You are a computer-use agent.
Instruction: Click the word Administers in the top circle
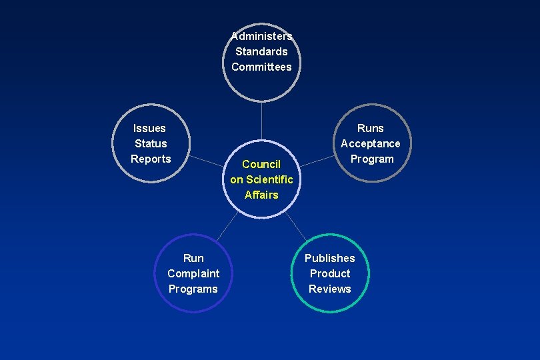[261, 36]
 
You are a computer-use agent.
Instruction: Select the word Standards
[261, 51]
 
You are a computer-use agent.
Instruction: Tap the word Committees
[261, 67]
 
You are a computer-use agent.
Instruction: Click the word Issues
[149, 128]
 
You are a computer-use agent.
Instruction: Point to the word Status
[151, 143]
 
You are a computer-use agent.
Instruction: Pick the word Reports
[151, 159]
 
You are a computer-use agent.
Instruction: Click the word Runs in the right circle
[371, 128]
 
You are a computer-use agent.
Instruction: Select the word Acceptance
[371, 143]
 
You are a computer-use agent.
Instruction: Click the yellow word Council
[261, 164]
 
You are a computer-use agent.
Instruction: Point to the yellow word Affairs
[261, 195]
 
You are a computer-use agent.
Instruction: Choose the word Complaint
[193, 273]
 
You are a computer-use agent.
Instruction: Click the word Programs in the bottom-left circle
[193, 289]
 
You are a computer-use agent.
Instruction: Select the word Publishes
[330, 258]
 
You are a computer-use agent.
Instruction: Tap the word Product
[330, 273]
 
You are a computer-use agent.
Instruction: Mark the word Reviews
[330, 289]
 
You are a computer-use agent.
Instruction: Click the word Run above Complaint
[193, 258]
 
